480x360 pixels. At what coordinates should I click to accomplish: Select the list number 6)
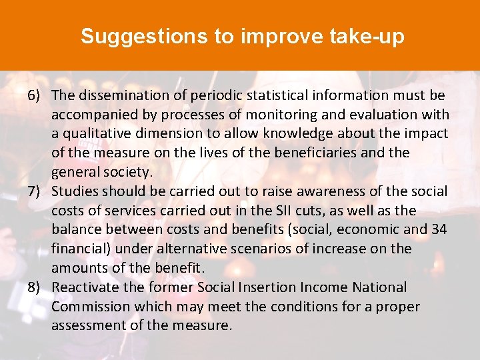pyautogui.click(x=35, y=96)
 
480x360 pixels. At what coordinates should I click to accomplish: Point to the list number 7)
pyautogui.click(x=35, y=191)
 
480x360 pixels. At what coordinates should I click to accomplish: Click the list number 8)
pyautogui.click(x=35, y=287)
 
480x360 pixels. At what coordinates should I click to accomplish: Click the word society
pyautogui.click(x=129, y=172)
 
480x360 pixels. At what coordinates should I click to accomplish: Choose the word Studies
pyautogui.click(x=76, y=191)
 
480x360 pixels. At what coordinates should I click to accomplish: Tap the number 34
pyautogui.click(x=439, y=229)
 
